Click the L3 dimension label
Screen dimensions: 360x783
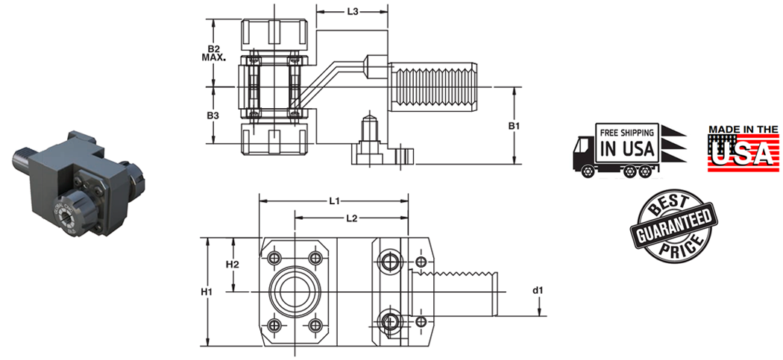[x=353, y=12]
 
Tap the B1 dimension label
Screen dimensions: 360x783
[x=514, y=126]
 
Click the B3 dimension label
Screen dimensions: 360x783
[x=213, y=116]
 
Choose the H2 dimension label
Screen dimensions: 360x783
[x=232, y=265]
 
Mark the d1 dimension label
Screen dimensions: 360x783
[x=538, y=288]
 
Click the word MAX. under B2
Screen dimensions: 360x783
[x=213, y=58]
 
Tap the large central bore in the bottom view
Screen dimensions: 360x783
[x=293, y=289]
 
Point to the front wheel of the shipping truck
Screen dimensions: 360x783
[x=588, y=171]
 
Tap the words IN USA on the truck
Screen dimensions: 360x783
[x=628, y=148]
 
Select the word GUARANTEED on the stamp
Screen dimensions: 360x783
[x=673, y=227]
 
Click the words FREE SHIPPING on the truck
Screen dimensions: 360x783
[x=628, y=132]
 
